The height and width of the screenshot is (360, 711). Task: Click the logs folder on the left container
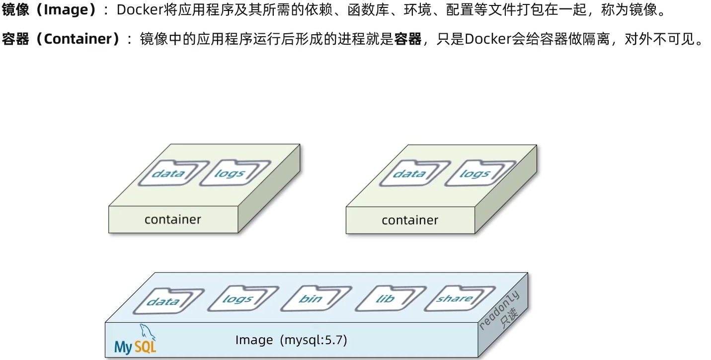(230, 173)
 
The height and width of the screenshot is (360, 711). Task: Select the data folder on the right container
(409, 174)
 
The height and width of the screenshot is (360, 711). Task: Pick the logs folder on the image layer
(237, 299)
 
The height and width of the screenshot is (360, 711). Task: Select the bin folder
(311, 299)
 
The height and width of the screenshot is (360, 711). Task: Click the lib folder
(385, 299)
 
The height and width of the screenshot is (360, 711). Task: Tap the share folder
(454, 298)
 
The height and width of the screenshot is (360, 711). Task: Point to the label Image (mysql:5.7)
(291, 340)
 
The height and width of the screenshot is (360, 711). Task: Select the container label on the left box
(172, 219)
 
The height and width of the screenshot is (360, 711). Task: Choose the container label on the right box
(410, 220)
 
